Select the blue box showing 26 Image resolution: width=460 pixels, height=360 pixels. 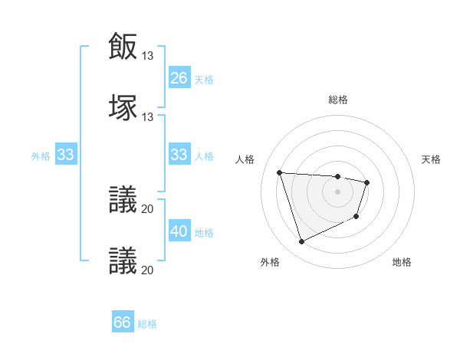click(179, 77)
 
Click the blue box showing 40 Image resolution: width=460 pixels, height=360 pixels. click(179, 231)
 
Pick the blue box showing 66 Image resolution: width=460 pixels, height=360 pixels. click(123, 322)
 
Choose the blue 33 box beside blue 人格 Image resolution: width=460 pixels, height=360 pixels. click(179, 154)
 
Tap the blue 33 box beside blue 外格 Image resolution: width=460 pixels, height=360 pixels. click(66, 154)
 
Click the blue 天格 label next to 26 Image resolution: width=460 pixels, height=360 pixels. click(204, 79)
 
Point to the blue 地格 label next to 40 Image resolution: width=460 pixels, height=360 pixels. click(204, 232)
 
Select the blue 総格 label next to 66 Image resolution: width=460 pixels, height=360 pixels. click(147, 324)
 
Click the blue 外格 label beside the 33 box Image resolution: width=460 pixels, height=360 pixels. click(41, 155)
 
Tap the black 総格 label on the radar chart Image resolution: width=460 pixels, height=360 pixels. click(338, 100)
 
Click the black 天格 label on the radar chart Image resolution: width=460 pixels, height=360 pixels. click(432, 159)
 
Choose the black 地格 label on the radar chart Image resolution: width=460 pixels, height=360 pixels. click(402, 262)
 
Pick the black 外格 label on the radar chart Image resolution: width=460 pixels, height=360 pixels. click(270, 262)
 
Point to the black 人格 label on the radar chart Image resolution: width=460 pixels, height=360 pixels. click(245, 159)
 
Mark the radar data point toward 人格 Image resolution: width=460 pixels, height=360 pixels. click(280, 172)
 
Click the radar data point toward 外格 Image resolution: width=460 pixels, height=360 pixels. click(301, 242)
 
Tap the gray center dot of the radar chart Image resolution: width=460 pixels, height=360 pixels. click(337, 191)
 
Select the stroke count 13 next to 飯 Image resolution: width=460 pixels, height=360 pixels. click(148, 56)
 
